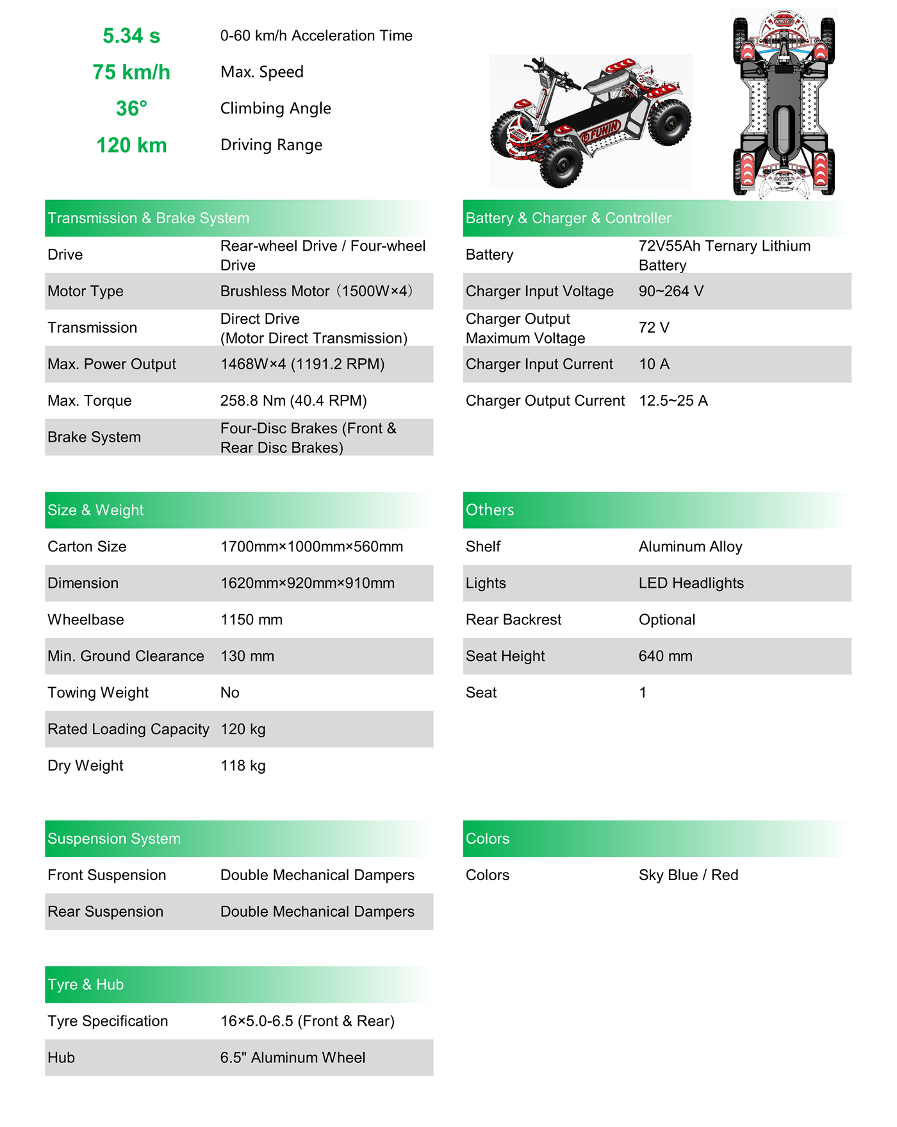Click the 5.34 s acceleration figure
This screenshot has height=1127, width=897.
[131, 36]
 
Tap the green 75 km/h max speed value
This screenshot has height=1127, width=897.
[131, 72]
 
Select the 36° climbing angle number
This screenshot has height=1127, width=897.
[131, 109]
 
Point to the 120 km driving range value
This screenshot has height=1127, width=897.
[131, 146]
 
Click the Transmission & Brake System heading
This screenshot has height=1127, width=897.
[148, 219]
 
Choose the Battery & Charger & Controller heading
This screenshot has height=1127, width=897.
[568, 219]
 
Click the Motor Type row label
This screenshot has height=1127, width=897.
[85, 292]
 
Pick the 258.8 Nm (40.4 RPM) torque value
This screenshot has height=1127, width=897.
[293, 401]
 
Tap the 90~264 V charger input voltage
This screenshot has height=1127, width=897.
[671, 292]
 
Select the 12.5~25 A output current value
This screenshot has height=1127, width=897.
[673, 401]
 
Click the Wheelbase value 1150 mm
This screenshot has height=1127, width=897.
[251, 620]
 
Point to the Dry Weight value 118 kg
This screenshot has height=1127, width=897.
[243, 766]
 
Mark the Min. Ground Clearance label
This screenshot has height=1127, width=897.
[126, 656]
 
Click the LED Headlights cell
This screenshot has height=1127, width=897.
[691, 583]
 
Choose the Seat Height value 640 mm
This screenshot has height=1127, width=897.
[665, 656]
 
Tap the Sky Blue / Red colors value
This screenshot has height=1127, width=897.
[688, 876]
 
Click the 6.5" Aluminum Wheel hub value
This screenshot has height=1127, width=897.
[293, 1058]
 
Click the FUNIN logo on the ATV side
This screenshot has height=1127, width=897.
[602, 131]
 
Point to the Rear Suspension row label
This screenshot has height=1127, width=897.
[105, 912]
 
